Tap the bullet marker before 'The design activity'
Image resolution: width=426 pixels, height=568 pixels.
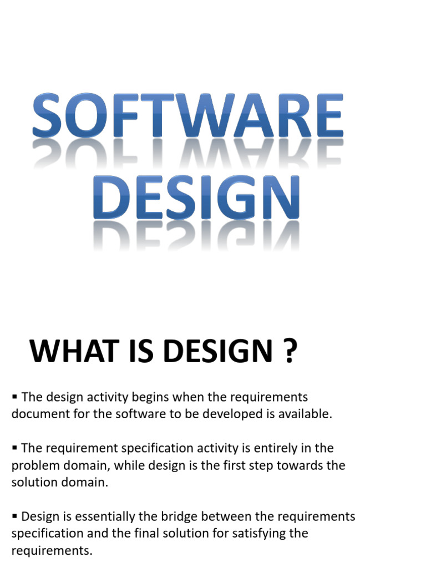point(15,397)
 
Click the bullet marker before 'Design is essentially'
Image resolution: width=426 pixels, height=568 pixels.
point(15,516)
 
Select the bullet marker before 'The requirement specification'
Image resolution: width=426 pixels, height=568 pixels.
point(15,448)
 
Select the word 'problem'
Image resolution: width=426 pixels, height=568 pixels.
point(33,465)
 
